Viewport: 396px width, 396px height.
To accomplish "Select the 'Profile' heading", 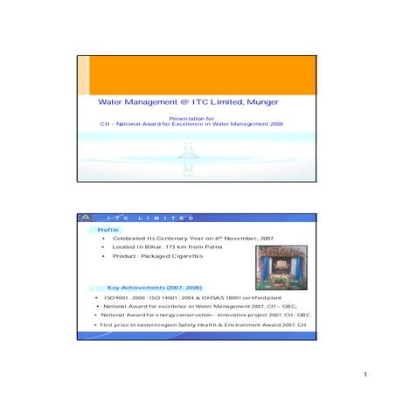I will [108, 229].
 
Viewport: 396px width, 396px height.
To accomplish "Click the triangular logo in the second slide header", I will [86, 219].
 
